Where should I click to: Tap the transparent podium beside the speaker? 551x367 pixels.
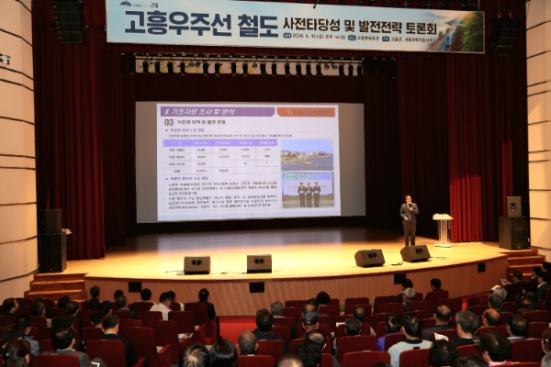[443, 228]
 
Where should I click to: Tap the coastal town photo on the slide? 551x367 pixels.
[307, 155]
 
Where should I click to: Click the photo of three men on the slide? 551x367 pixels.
[308, 190]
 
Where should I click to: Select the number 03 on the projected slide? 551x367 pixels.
[169, 122]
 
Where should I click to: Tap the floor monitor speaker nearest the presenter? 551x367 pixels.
[414, 253]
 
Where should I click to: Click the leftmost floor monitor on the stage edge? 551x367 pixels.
[197, 264]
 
